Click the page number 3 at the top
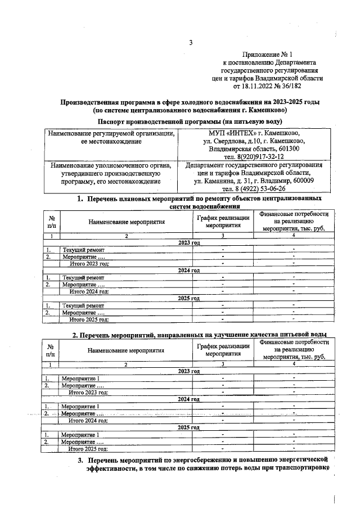pos(191,43)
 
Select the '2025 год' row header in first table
pos(188,298)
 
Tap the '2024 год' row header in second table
pos(188,399)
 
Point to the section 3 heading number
pos(80,461)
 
